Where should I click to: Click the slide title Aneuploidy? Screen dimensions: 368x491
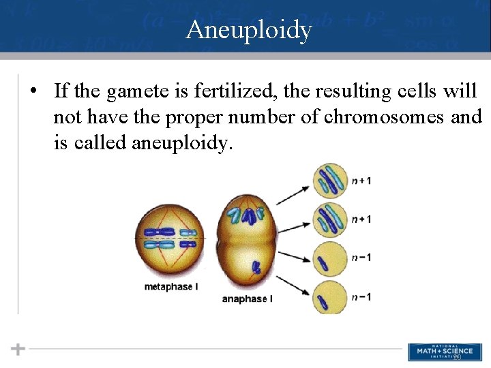pyautogui.click(x=248, y=30)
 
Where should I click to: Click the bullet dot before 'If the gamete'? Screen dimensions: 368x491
pyautogui.click(x=34, y=91)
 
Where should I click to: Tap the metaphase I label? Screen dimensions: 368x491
pyautogui.click(x=171, y=287)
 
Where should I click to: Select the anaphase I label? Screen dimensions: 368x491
pyautogui.click(x=248, y=298)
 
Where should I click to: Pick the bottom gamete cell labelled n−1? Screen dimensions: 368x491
pyautogui.click(x=331, y=297)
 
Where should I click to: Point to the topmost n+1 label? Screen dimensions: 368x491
pyautogui.click(x=361, y=181)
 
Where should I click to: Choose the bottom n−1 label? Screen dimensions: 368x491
pyautogui.click(x=361, y=297)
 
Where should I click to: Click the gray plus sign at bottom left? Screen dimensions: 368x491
pyautogui.click(x=18, y=349)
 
